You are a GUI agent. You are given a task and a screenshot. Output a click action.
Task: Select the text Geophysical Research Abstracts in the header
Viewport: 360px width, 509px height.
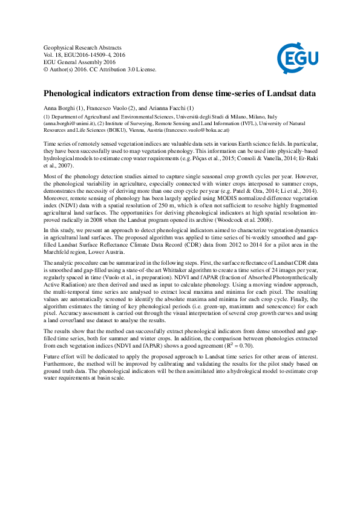pyautogui.click(x=82, y=47)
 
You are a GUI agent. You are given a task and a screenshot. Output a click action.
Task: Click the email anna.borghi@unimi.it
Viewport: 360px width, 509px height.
pyautogui.click(x=68, y=122)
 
